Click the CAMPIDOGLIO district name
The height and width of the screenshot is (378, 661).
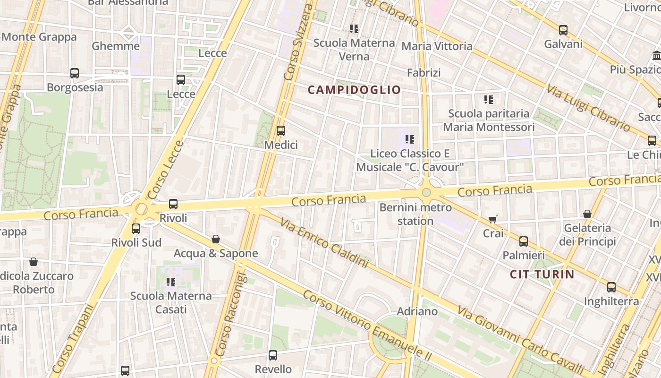pos(354,90)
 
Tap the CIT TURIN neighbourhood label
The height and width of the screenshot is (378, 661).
pos(542,274)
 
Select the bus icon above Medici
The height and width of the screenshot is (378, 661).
pos(281,131)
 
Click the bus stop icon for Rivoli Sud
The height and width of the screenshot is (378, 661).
pos(136,229)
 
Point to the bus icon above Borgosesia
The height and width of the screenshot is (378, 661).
pos(75,73)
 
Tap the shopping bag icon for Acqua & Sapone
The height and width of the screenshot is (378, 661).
pos(216,239)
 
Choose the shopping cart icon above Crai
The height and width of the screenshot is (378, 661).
pos(493,219)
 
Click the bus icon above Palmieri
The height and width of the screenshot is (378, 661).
pos(524,241)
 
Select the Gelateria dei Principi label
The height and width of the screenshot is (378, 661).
pos(587,235)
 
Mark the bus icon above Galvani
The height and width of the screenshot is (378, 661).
pos(563,30)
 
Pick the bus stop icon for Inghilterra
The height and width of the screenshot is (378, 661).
pos(611,287)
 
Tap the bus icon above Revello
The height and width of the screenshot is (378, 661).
pos(273,355)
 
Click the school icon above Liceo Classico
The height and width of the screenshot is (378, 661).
pos(410,139)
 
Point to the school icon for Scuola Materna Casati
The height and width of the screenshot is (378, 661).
pos(171,282)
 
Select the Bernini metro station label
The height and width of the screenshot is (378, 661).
pos(409,214)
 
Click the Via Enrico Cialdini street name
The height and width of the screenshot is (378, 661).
pos(324,242)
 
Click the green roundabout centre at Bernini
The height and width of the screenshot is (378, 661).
pos(426,192)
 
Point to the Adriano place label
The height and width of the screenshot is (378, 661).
pos(417,311)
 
